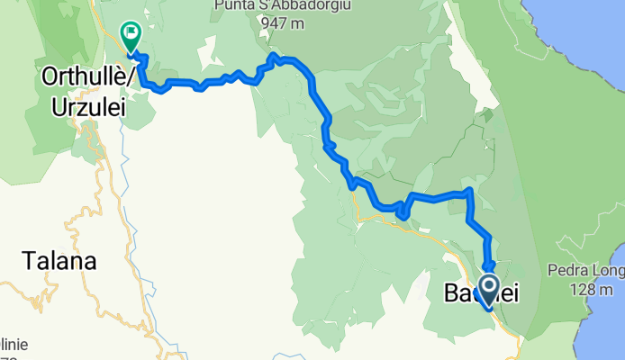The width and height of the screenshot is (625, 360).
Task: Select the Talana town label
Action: (x=59, y=262)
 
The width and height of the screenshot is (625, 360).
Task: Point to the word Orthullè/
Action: (x=88, y=78)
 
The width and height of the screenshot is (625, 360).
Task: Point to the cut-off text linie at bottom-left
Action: (x=14, y=344)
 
